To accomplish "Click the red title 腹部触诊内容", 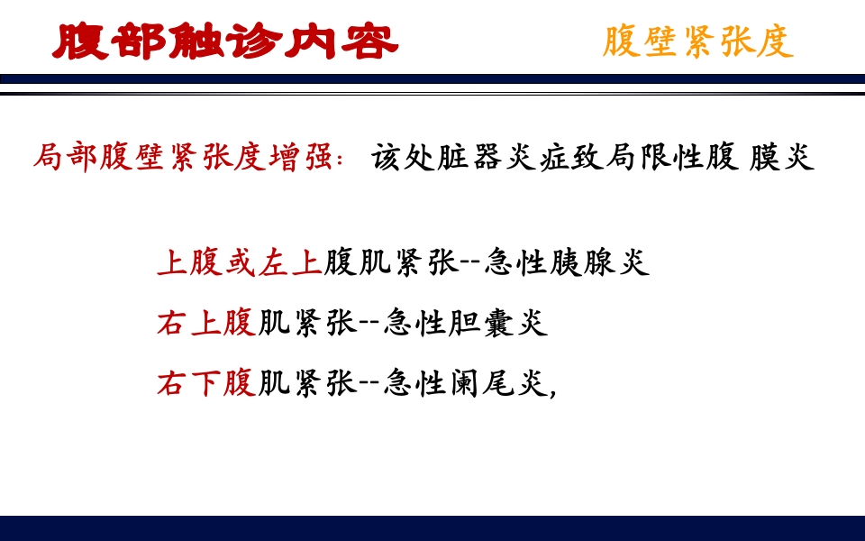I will click(x=225, y=41).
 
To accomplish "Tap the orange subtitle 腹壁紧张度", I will click(x=698, y=41).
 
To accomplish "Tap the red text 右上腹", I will click(x=206, y=323).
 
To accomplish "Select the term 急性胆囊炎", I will click(x=466, y=323).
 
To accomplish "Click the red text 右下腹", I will click(x=206, y=384).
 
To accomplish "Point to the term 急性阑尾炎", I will click(x=466, y=384).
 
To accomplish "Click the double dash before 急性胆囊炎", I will click(x=370, y=324).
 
